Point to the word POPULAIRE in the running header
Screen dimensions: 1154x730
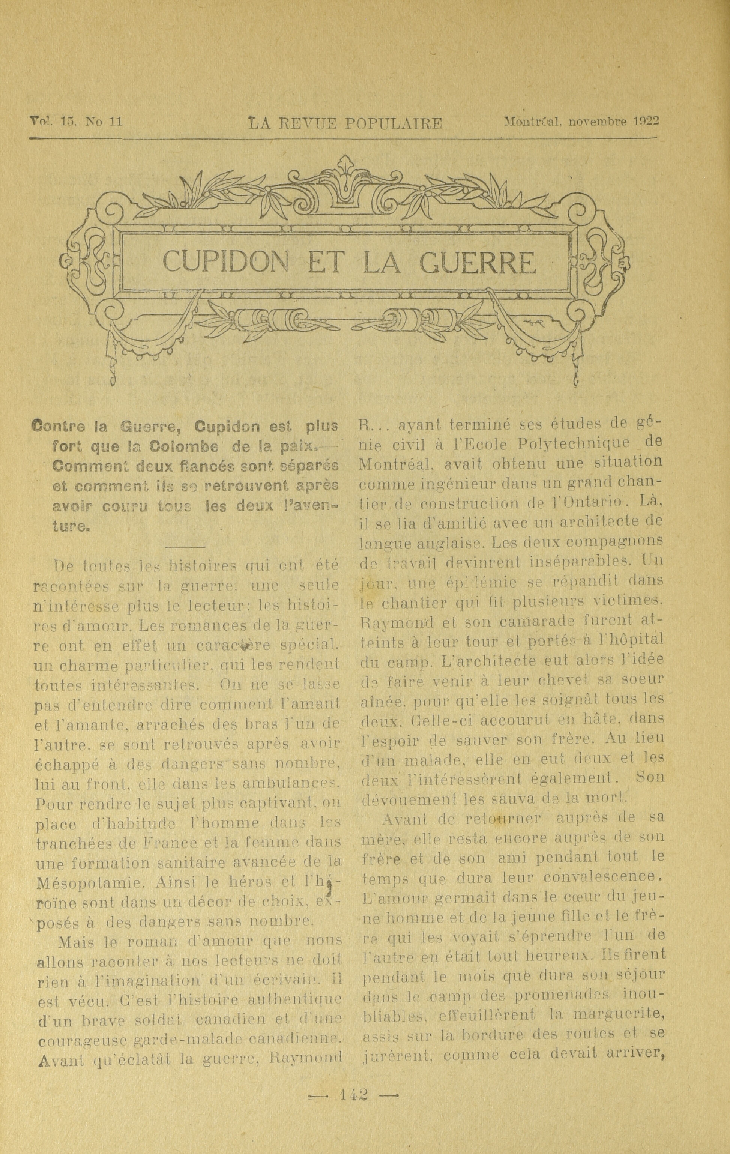(x=394, y=125)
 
